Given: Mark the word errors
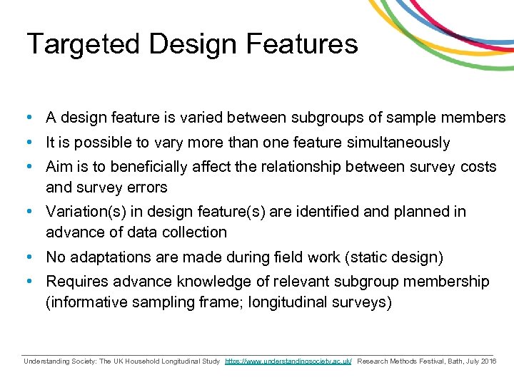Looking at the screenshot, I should click(146, 188).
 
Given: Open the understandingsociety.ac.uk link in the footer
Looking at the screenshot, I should click(288, 361).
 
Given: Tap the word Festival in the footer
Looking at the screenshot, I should click(418, 361).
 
